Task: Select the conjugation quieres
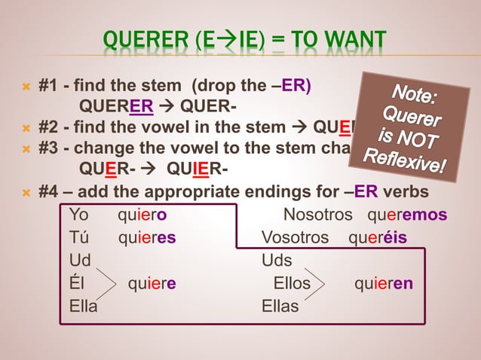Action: tap(147, 238)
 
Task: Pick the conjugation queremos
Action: tap(407, 215)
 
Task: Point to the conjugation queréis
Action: tap(378, 238)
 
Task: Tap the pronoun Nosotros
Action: tap(317, 215)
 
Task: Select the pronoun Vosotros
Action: tap(295, 238)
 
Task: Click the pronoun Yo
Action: tap(78, 215)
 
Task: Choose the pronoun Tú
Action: tap(78, 238)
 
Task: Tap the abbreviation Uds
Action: tap(277, 261)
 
